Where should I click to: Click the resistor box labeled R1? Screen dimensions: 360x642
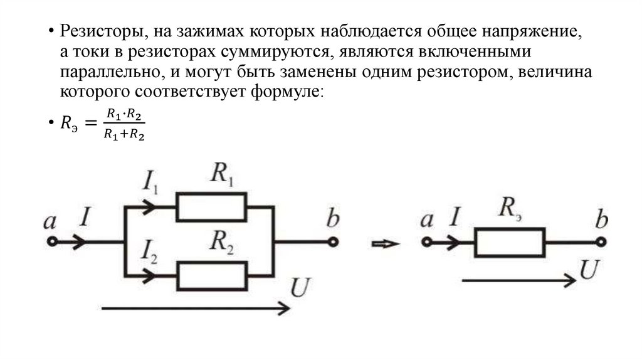(211, 207)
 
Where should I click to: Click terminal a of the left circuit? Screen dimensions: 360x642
(53, 241)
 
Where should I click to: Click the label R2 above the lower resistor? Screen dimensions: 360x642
(222, 241)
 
